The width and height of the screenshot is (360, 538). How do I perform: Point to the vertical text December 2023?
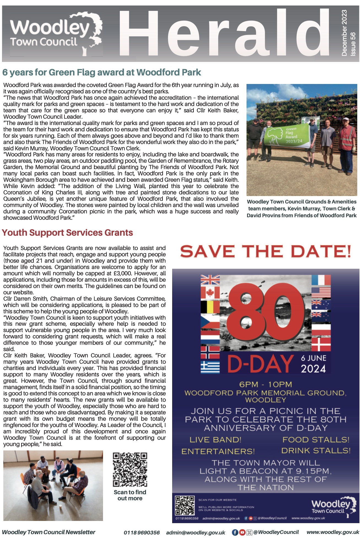click(344, 33)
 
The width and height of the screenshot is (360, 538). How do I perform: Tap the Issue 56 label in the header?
click(353, 44)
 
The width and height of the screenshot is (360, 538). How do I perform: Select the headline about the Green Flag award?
click(102, 72)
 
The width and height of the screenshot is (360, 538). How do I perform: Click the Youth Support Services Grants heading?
click(67, 233)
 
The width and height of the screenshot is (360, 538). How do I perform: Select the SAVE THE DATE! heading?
click(266, 252)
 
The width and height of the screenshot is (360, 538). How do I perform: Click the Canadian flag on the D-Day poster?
click(210, 293)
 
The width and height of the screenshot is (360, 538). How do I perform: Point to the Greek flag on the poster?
click(210, 366)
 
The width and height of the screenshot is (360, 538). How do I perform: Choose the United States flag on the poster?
click(321, 293)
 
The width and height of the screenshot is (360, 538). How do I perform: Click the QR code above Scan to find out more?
click(130, 469)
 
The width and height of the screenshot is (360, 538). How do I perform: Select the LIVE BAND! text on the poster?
click(215, 440)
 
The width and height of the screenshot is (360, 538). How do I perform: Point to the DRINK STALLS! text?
click(316, 451)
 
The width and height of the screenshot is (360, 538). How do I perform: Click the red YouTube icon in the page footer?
click(242, 532)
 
